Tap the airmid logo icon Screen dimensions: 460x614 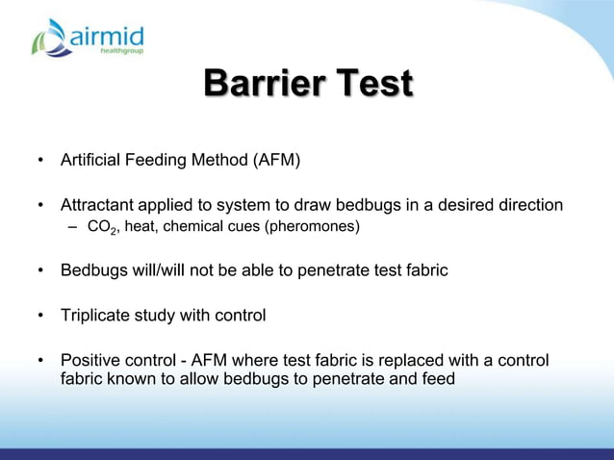[50, 38]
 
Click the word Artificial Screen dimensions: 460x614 [90, 158]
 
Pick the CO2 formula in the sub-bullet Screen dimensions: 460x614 [100, 227]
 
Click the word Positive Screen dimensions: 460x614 [89, 360]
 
